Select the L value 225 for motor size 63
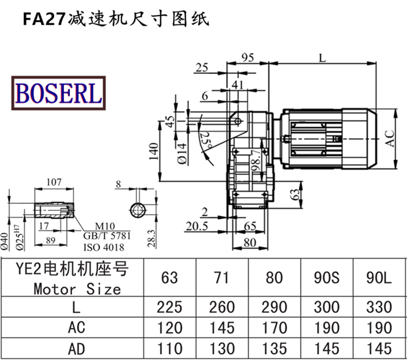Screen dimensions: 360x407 click(x=169, y=307)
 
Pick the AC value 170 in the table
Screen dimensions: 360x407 click(x=275, y=328)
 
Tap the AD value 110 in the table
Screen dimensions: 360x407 click(x=169, y=348)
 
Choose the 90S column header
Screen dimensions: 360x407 click(x=327, y=278)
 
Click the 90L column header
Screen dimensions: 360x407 click(x=379, y=278)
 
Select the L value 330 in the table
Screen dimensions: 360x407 click(x=379, y=307)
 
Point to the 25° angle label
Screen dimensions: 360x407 click(x=206, y=140)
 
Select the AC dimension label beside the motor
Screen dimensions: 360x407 click(x=390, y=137)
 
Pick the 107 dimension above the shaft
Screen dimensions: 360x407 click(x=54, y=182)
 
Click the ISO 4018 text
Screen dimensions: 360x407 click(x=103, y=247)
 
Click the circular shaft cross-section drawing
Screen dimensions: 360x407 click(x=138, y=209)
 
